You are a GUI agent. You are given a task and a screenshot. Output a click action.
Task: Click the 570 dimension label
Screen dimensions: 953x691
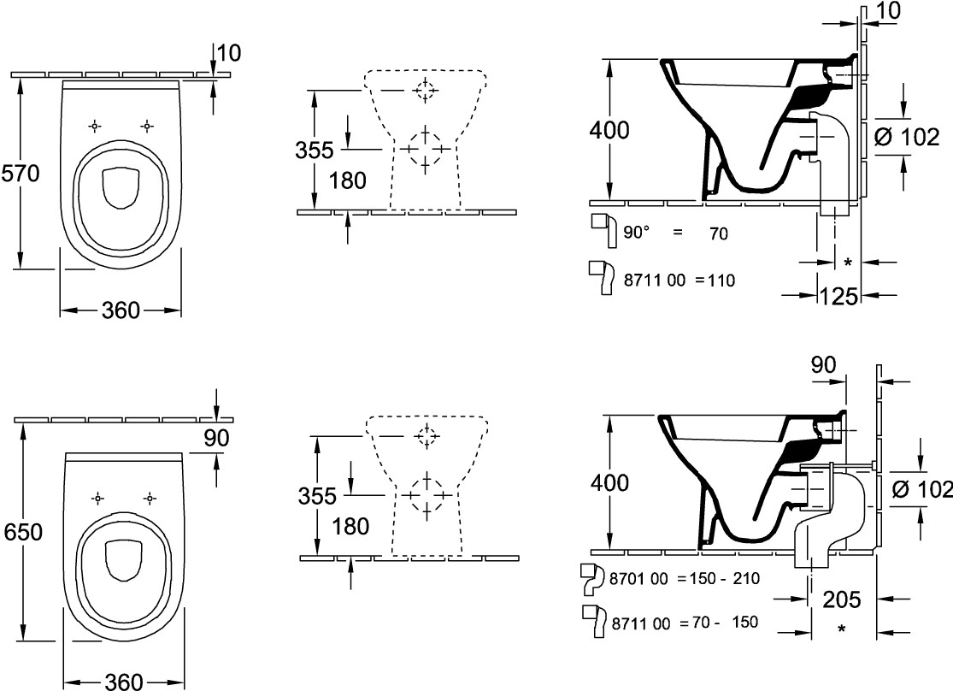(21, 174)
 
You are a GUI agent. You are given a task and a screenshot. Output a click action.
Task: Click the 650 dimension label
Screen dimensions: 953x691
(24, 532)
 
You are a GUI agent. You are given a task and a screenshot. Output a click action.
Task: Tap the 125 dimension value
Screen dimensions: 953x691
(838, 296)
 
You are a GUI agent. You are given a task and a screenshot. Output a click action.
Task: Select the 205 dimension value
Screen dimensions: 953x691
(842, 599)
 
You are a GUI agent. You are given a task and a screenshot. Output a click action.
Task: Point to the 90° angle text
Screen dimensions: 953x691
(637, 233)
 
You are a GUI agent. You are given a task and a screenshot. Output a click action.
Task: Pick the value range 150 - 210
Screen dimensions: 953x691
(724, 578)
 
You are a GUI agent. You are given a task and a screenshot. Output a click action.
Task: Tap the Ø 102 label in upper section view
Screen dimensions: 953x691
(907, 138)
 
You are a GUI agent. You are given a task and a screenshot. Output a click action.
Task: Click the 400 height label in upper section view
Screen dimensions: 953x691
(609, 130)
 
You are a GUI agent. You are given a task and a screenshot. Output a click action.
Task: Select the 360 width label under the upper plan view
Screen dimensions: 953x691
(121, 310)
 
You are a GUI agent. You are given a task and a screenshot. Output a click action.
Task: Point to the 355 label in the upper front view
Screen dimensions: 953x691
(315, 151)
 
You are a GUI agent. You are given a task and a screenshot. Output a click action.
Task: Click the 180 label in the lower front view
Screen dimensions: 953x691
(350, 526)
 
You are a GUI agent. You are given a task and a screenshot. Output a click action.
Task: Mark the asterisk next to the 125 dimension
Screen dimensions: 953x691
(848, 263)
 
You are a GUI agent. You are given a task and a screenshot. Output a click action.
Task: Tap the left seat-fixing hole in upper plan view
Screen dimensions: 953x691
(94, 126)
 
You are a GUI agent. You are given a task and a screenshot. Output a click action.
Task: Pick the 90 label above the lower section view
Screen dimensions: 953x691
(823, 364)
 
